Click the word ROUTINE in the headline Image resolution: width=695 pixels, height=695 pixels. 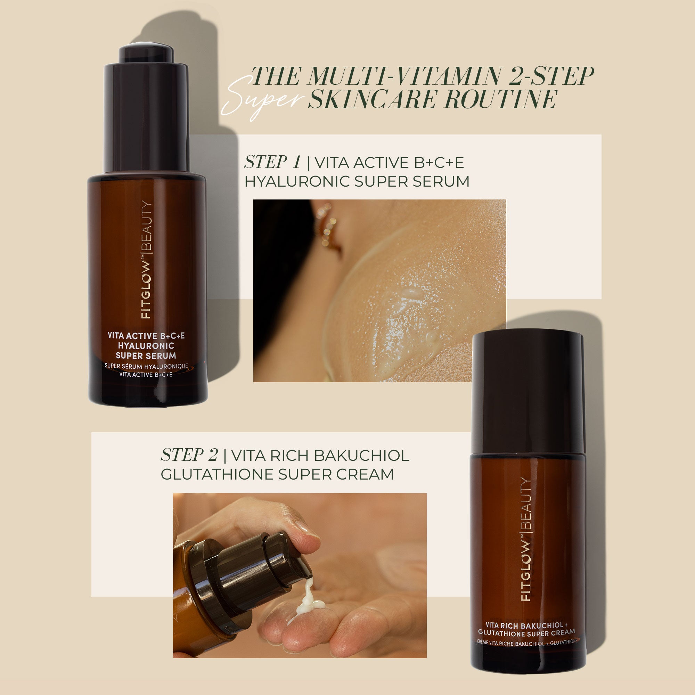point(501,99)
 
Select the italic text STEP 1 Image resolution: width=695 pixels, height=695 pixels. point(272,162)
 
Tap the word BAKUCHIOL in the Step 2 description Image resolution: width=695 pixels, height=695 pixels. point(361,456)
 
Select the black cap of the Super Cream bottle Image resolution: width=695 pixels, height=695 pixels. point(528,392)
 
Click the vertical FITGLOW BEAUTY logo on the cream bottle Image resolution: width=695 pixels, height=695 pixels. point(526,540)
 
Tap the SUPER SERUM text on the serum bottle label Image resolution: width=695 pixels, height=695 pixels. point(146,356)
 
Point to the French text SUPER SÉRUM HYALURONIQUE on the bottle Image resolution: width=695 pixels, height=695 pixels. point(146,366)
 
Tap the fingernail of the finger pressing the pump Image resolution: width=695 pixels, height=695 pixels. point(309,531)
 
